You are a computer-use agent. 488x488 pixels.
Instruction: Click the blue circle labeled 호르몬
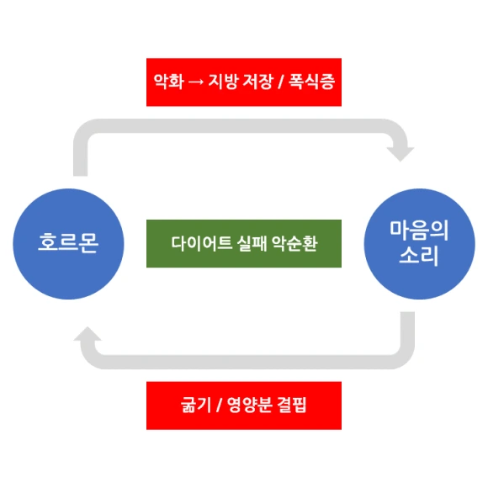click(x=68, y=244)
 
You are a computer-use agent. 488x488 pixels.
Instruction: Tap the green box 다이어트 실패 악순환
click(x=244, y=244)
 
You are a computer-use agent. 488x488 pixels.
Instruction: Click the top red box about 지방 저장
click(x=244, y=82)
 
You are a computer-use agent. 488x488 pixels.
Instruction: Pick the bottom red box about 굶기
click(x=244, y=406)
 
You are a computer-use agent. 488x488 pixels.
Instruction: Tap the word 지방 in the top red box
click(x=220, y=82)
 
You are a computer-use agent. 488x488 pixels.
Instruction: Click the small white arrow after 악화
click(x=194, y=82)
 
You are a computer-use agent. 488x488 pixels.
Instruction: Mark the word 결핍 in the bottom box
click(x=290, y=406)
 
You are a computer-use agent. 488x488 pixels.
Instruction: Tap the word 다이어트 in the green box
click(x=196, y=245)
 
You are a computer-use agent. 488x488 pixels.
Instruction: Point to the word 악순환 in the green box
click(x=292, y=245)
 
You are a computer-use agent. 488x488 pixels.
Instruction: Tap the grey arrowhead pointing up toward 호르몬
click(x=88, y=337)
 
